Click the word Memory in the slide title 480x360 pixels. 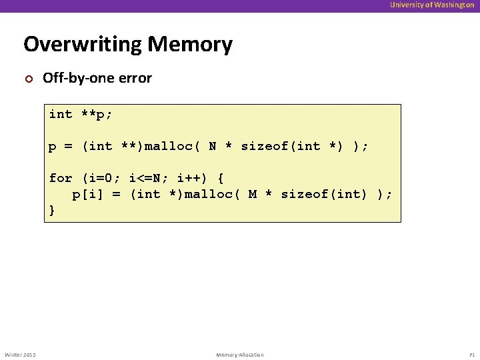click(x=190, y=45)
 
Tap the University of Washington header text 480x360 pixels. click(x=432, y=5)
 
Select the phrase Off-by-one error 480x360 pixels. click(x=97, y=78)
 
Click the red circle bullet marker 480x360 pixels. click(x=28, y=79)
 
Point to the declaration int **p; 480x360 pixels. click(x=81, y=114)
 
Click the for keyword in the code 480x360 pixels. click(x=60, y=178)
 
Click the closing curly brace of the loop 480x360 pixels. click(x=53, y=210)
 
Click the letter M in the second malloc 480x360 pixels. click(x=253, y=194)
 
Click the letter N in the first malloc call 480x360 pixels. click(x=213, y=146)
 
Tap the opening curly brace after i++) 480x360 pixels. click(x=221, y=178)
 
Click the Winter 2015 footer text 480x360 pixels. click(x=20, y=355)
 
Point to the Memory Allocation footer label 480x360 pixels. click(x=240, y=355)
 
